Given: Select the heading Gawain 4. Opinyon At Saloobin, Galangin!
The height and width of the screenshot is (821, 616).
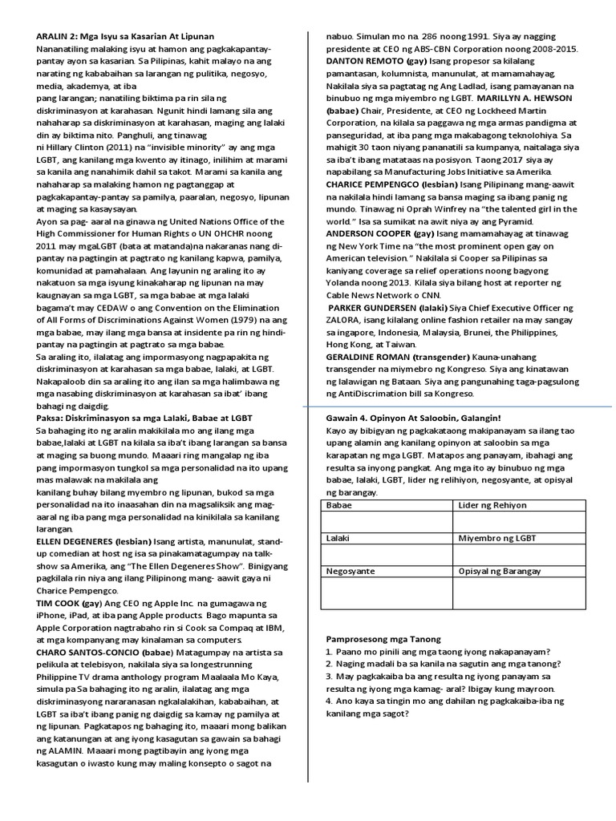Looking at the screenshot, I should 413,419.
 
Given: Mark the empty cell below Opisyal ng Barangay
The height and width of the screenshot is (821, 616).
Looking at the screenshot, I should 519,593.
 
